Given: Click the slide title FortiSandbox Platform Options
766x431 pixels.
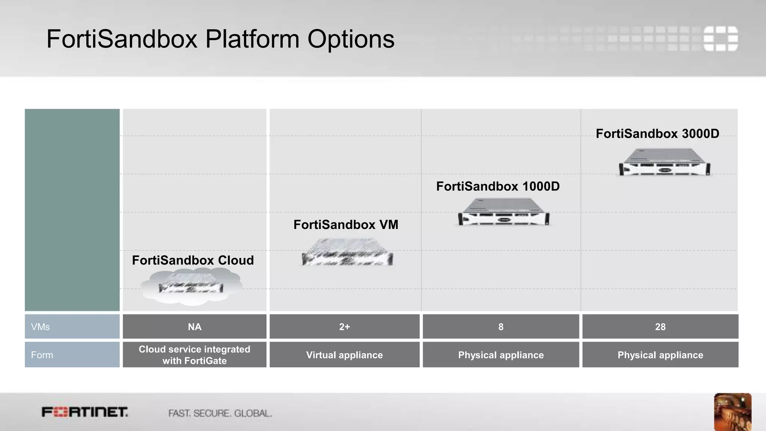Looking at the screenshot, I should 220,39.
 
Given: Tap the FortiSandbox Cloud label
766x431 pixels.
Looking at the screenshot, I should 193,260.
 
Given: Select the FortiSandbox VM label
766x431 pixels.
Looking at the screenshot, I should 346,224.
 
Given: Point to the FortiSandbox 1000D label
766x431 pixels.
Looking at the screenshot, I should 498,186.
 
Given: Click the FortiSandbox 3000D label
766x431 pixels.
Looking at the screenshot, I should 657,134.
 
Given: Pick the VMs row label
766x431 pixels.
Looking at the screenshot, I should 40,327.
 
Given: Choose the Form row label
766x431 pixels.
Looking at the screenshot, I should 42,355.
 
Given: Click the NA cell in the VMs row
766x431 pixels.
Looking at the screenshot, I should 194,327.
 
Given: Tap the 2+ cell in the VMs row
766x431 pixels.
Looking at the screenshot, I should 344,327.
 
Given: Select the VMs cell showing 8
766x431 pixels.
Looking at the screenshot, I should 501,327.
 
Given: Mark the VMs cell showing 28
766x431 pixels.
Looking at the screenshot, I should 660,327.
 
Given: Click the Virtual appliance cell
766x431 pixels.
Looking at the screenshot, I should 344,355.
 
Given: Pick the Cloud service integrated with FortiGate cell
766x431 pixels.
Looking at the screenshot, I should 194,355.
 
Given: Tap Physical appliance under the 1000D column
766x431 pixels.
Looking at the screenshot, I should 501,355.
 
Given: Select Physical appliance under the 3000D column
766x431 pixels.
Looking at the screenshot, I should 660,355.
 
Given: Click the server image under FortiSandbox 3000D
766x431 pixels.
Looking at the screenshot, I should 665,162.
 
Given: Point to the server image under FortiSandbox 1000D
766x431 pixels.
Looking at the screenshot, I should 504,212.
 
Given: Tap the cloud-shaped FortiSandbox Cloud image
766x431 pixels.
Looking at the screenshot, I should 191,287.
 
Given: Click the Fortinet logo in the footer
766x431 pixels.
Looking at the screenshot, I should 85,412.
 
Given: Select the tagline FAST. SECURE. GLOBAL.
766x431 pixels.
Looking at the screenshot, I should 220,413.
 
